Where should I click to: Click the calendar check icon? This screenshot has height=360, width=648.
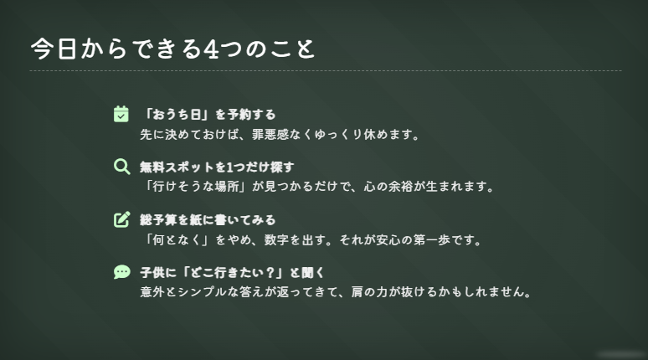[x=121, y=114]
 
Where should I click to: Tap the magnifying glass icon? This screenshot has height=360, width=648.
[x=121, y=167]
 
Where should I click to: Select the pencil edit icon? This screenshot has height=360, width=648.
[x=122, y=219]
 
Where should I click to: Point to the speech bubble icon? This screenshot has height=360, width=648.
[x=122, y=272]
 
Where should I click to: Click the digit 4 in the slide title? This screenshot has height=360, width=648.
[x=211, y=49]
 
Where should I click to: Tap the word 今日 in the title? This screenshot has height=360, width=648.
[x=54, y=49]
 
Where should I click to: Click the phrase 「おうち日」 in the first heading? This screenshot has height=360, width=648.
[x=175, y=115]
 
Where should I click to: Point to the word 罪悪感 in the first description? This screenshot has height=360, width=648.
[x=270, y=135]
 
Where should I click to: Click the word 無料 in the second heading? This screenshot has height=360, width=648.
[x=152, y=167]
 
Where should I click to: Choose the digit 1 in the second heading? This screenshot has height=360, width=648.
[x=230, y=167]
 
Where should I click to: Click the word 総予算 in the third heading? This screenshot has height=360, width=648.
[x=158, y=220]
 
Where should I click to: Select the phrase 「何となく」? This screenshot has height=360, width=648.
[x=175, y=239]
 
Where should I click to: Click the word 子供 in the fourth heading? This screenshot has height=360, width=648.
[x=152, y=273]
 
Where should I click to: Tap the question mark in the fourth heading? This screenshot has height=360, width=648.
[x=270, y=273]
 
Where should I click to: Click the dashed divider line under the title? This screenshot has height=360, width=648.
[x=326, y=70]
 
